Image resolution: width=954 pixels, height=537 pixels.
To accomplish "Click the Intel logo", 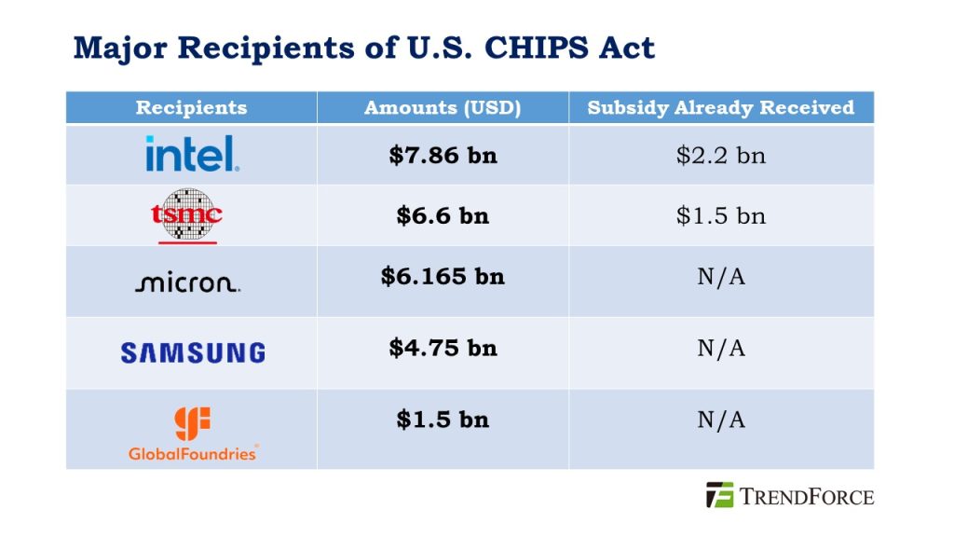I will pos(192,154).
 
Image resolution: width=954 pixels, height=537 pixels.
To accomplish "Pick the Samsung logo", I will pos(192,352).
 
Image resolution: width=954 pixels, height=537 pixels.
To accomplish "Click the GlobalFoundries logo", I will pos(193,434).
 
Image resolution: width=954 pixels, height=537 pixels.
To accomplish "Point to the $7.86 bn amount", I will pos(443,155).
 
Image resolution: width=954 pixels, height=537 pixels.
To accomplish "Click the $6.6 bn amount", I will pos(443,215).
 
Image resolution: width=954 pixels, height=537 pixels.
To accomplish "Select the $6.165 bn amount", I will pos(443,276).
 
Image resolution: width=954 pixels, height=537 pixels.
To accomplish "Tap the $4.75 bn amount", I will pos(443,348).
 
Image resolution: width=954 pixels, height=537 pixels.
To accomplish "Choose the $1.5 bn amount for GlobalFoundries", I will pos(443,420).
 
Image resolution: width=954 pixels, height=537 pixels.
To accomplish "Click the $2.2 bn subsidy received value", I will pos(721,155).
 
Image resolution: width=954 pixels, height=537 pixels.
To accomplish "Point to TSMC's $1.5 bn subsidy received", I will pos(721,215).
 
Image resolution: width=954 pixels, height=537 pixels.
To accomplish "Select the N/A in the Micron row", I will pos(721,277).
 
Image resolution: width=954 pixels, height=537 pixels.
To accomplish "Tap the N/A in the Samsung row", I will pos(721,348).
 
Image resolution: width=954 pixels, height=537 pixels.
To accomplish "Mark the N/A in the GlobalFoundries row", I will pos(721,420).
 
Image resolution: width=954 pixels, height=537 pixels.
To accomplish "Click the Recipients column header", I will pos(191,107).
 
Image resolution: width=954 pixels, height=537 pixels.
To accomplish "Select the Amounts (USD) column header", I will pos(443,107).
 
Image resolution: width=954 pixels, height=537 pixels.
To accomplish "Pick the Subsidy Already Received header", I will pos(721,107).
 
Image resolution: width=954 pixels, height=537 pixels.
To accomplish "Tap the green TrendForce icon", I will pos(719,495).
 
